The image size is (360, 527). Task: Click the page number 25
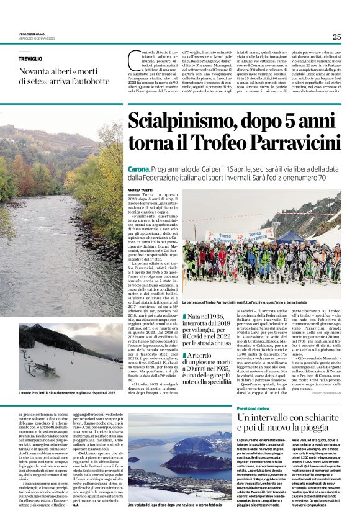coord(336,37)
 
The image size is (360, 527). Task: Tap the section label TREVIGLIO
coord(31,58)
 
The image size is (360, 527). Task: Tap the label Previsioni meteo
coord(256,409)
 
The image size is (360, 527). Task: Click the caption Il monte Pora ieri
coord(67,392)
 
